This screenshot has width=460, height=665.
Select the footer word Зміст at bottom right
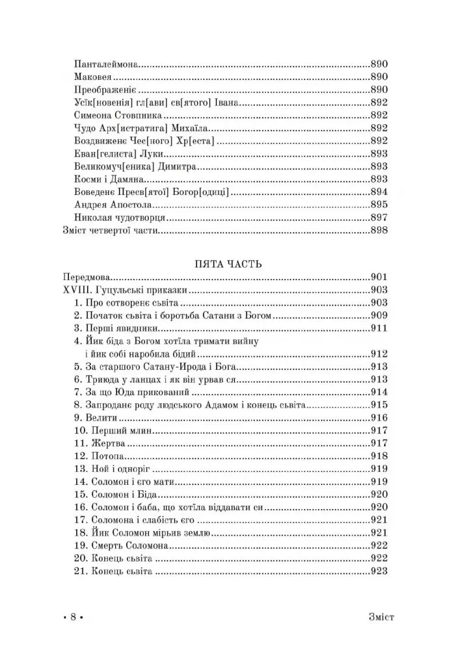point(377,616)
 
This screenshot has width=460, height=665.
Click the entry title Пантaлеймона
point(107,64)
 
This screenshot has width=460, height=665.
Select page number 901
point(379,276)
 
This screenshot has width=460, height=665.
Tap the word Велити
point(105,417)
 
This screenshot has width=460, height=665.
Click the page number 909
point(379,315)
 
